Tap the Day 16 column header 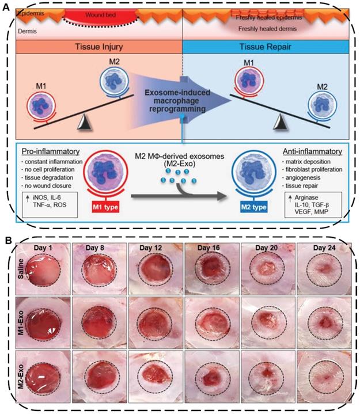click(x=210, y=248)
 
